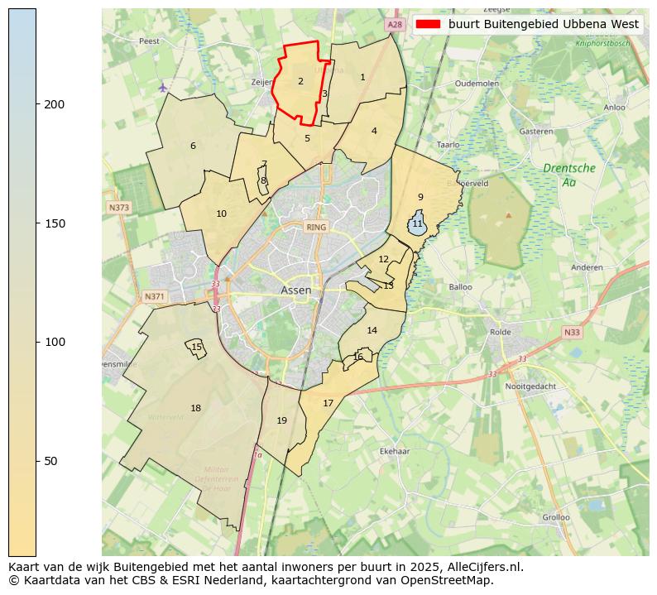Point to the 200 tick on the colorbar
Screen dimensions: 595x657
[x=37, y=104]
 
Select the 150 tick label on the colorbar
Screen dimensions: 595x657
[x=55, y=223]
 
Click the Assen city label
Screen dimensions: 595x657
[x=296, y=290]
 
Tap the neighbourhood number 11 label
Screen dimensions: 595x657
[x=417, y=224]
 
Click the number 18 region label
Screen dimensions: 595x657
[x=195, y=408]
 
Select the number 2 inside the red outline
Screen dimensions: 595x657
[x=300, y=81]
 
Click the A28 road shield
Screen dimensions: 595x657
[x=395, y=25]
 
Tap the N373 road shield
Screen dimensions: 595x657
[x=118, y=207]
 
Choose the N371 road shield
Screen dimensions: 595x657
[x=154, y=296]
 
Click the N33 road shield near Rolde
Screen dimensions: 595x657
[x=572, y=333]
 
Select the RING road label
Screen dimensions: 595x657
[x=316, y=227]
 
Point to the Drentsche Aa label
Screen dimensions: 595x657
[x=568, y=175]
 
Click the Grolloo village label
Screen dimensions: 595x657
[x=555, y=517]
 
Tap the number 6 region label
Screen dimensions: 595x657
[x=193, y=146]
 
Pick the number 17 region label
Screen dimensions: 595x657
[x=328, y=403]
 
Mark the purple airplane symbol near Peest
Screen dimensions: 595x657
[x=163, y=87]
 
